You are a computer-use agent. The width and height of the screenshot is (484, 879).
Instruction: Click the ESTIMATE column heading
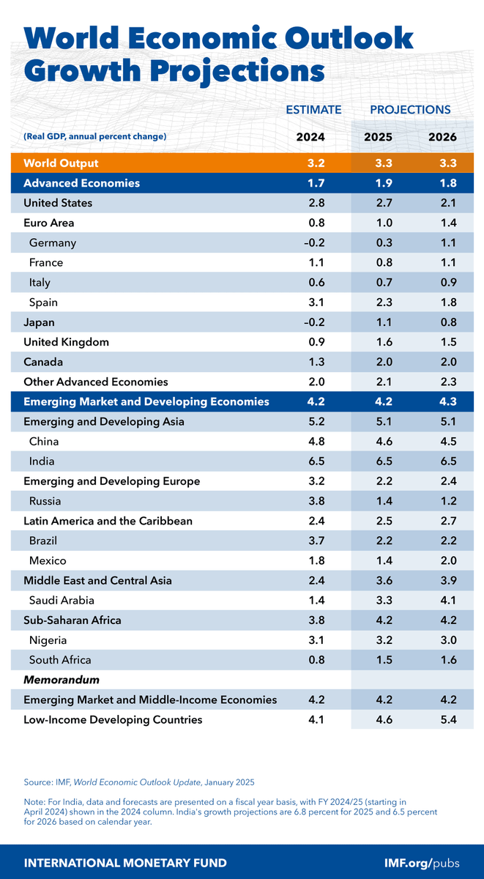[313, 110]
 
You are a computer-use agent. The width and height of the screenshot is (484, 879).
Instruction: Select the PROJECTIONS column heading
[410, 110]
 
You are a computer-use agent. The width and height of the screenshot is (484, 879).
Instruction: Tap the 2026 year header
[443, 137]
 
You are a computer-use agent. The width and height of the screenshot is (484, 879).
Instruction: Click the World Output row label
[61, 163]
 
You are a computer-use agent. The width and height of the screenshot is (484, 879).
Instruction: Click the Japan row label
[39, 322]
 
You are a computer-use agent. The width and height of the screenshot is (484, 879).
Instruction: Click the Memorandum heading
[62, 680]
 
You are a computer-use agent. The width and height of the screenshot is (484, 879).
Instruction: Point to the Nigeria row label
[50, 640]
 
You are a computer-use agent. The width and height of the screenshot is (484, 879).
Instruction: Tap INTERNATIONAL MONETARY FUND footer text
[125, 862]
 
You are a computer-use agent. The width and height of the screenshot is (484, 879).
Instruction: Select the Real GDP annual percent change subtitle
[95, 137]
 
